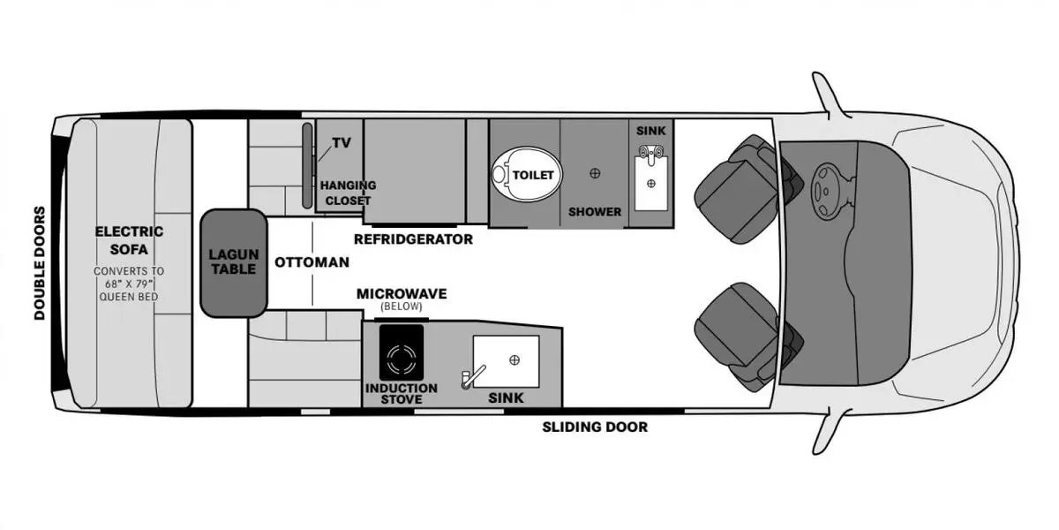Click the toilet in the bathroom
[526, 175]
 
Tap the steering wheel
[826, 191]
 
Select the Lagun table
[234, 262]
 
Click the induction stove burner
[402, 360]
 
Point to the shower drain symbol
[595, 173]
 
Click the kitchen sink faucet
[473, 377]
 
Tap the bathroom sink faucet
[651, 155]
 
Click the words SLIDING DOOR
[595, 427]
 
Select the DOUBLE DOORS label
[40, 263]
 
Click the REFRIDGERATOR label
[413, 239]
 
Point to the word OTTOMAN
[312, 262]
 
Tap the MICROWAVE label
[402, 294]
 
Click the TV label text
[342, 142]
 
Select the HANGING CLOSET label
[348, 193]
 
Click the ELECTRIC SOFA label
[129, 240]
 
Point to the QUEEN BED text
[129, 297]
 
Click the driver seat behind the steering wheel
[747, 189]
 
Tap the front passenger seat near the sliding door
[747, 337]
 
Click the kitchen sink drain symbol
[514, 360]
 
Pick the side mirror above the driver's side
[829, 95]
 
